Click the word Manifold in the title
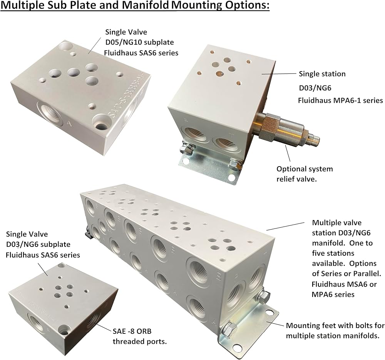click(x=145, y=6)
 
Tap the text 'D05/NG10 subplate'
click(x=139, y=42)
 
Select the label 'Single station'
click(x=322, y=74)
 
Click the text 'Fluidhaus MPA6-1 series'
click(x=340, y=100)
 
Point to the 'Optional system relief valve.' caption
click(x=305, y=174)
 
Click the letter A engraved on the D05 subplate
click(x=69, y=124)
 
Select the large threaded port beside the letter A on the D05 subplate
click(x=49, y=114)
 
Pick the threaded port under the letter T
click(x=225, y=145)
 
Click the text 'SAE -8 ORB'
click(x=132, y=331)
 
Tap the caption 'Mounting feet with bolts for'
click(x=335, y=326)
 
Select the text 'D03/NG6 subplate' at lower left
click(x=38, y=244)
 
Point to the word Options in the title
click(x=248, y=6)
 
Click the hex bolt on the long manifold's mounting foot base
click(x=228, y=328)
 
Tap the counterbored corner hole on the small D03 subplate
click(x=64, y=330)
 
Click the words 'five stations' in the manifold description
click(x=333, y=253)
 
